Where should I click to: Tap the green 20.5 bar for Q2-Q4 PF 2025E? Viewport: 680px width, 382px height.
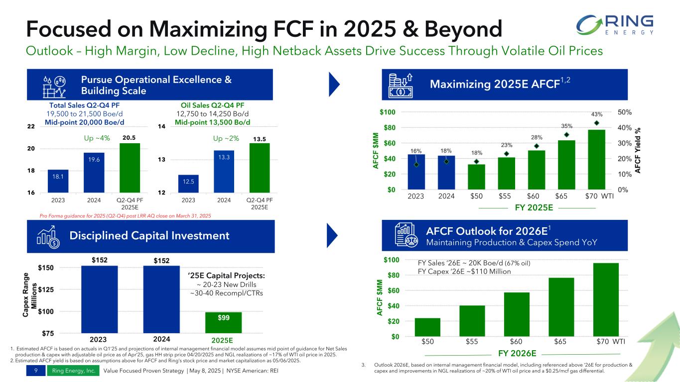point(130,168)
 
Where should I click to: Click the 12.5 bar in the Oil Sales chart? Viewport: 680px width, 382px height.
point(188,183)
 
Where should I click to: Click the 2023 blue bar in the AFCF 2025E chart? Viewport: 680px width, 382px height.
point(416,172)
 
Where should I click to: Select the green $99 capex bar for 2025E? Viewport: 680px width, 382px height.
point(223,322)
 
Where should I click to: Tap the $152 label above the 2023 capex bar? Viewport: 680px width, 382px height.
point(99,260)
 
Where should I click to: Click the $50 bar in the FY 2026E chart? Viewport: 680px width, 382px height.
point(427,327)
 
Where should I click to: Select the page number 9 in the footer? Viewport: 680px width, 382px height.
point(37,371)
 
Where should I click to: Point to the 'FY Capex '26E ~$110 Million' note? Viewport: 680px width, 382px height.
point(464,272)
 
